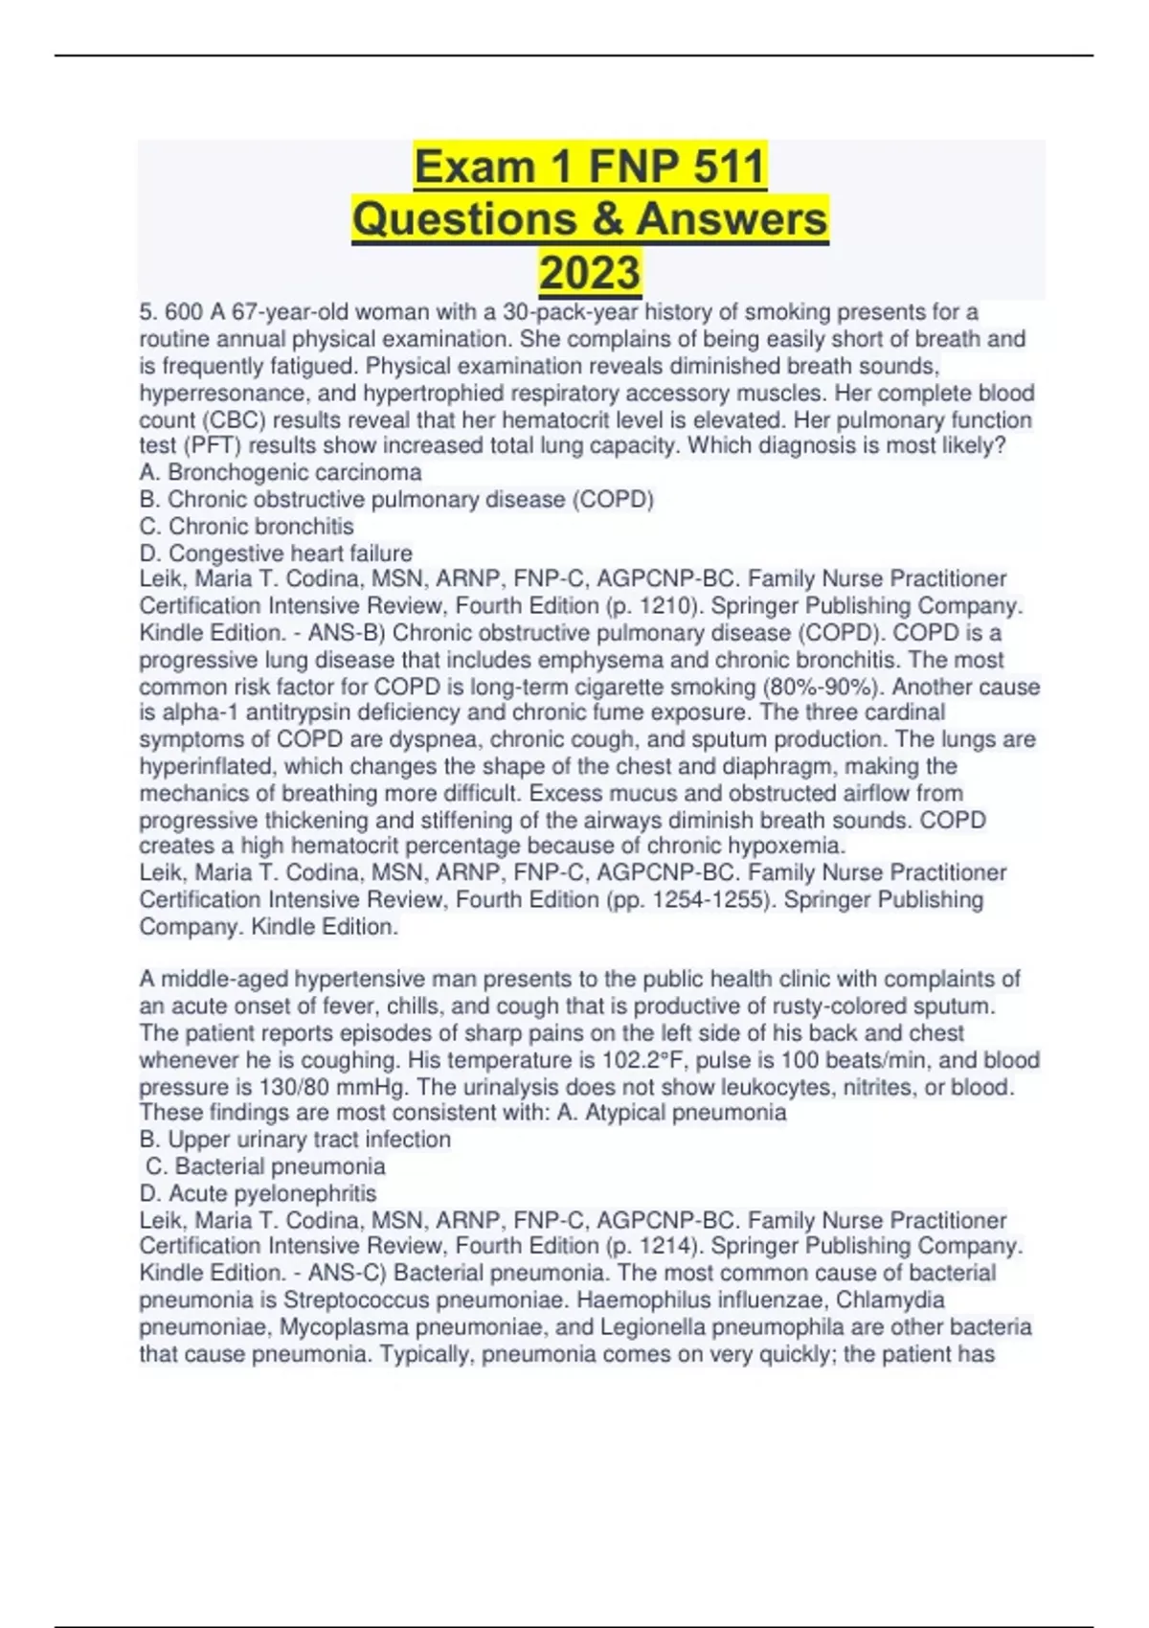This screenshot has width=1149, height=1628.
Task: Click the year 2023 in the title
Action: coord(590,272)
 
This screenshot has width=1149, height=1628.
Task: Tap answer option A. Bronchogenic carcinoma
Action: coord(281,472)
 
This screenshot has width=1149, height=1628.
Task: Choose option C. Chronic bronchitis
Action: coord(246,527)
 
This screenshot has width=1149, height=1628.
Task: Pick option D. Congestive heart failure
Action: coord(276,554)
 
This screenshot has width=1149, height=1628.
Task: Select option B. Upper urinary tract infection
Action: coord(295,1140)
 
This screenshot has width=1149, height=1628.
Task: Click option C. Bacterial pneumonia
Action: coord(265,1166)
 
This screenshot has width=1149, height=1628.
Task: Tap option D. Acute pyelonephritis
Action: coord(258,1193)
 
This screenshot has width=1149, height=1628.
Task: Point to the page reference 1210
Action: coord(659,606)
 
